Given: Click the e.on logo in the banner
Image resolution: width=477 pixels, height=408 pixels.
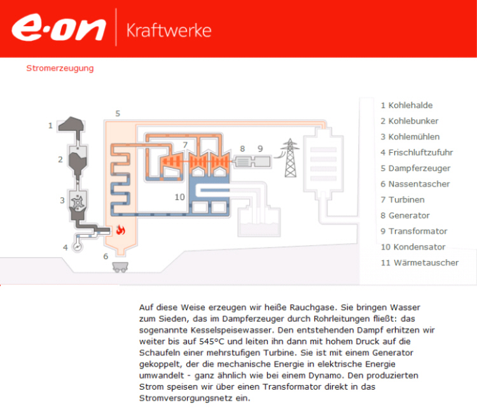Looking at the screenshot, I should point(59,29).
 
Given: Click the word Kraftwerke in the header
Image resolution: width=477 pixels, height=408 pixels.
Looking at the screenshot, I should point(169,30).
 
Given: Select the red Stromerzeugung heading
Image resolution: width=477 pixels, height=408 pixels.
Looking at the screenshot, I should point(60,67).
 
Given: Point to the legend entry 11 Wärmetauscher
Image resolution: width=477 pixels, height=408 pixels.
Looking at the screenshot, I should point(419,262).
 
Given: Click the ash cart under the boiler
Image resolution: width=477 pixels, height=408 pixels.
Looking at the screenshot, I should point(119,267).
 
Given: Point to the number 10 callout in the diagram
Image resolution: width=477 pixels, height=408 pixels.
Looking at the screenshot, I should point(179,197).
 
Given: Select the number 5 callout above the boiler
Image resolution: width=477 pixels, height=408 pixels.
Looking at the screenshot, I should point(118,113).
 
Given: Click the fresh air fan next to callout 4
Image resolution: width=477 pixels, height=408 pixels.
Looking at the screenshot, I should point(78,245).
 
